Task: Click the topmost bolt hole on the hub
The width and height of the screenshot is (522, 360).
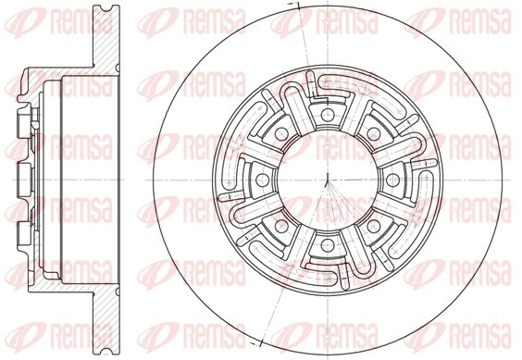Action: click(x=328, y=115)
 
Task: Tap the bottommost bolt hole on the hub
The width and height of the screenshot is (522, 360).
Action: click(x=328, y=245)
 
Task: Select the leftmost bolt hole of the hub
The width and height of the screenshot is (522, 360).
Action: click(x=262, y=180)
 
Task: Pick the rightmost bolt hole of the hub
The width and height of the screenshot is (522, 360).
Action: click(x=392, y=180)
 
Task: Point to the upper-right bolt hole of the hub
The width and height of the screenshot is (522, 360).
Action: click(x=374, y=134)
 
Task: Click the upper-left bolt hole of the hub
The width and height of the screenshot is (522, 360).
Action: click(x=281, y=134)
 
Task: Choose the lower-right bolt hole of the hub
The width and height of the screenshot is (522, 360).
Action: click(x=374, y=227)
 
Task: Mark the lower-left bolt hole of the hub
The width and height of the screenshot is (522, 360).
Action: click(x=281, y=227)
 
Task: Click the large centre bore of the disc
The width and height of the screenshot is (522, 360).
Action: click(x=328, y=180)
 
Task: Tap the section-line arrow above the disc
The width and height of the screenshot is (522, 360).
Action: click(x=294, y=5)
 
